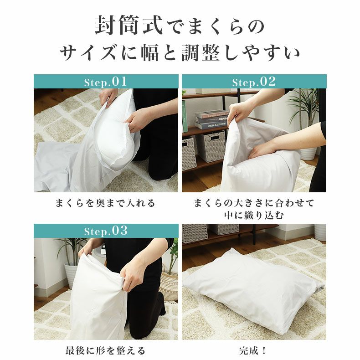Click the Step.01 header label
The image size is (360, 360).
[x=106, y=82]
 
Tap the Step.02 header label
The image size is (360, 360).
[x=254, y=82]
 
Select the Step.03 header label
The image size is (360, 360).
[x=106, y=231]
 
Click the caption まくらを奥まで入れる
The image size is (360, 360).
[x=105, y=203]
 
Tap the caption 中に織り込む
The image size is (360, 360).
[x=254, y=215]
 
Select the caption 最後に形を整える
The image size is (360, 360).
[x=105, y=350]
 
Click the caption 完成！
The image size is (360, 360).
[x=254, y=350]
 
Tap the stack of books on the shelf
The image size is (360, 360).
[x=211, y=120]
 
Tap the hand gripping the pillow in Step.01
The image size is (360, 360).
[x=137, y=121]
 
